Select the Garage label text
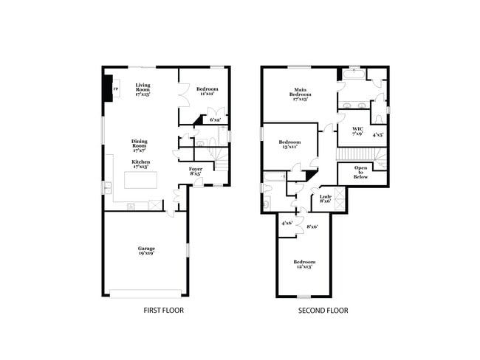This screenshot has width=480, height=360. click(x=146, y=251)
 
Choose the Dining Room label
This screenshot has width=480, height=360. click(x=140, y=145)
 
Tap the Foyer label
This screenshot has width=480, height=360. click(x=196, y=171)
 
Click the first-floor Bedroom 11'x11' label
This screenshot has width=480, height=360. click(x=207, y=91)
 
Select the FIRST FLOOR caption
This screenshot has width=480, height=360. click(x=163, y=311)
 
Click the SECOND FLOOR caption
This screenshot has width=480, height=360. click(x=323, y=311)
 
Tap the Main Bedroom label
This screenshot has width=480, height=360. click(x=299, y=93)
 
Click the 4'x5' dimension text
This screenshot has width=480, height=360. click(x=377, y=135)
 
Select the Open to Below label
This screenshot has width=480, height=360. click(x=361, y=173)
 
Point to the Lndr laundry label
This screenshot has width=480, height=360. click(x=325, y=198)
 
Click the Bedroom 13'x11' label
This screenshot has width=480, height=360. click(x=289, y=145)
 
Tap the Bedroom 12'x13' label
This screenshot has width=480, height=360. click(x=304, y=264)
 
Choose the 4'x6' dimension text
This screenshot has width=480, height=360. click(x=287, y=223)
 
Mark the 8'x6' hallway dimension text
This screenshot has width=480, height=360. click(x=312, y=226)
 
